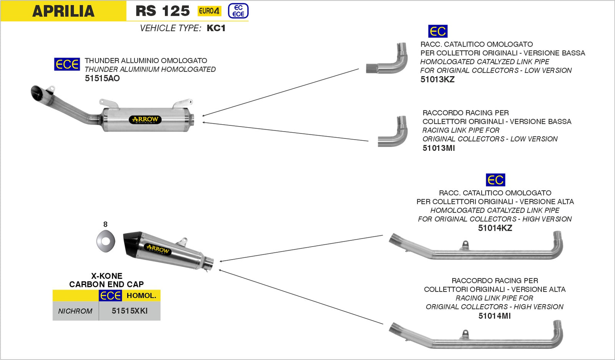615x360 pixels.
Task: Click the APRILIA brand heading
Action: pos(63,11)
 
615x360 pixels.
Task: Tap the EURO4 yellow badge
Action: pos(209,11)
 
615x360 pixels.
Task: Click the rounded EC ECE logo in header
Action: pos(238,11)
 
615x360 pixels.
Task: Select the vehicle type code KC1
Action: pos(216,28)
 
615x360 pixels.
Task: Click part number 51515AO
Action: pos(102,78)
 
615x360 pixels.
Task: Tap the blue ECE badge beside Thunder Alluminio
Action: pos(67,64)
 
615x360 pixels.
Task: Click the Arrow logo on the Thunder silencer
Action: pos(145,119)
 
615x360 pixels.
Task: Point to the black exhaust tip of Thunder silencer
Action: pos(38,92)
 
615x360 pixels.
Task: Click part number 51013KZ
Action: pos(437,80)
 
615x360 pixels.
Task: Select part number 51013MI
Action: pos(439,148)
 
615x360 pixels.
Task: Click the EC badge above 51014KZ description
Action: pos(495,180)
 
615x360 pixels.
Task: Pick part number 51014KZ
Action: pos(495,228)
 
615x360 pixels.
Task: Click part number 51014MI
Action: pos(494,316)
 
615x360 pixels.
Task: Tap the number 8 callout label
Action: pos(105,224)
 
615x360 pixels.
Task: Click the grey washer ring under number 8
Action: pos(106,241)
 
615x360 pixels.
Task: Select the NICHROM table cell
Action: pos(75,311)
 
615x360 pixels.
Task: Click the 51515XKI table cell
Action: pos(130,311)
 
